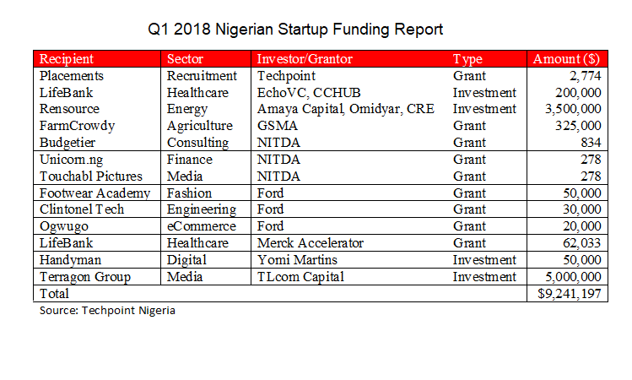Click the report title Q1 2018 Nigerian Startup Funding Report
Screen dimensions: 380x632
click(295, 30)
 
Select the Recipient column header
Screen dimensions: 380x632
click(67, 59)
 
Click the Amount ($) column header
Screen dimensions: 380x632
click(566, 59)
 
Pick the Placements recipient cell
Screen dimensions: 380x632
click(72, 76)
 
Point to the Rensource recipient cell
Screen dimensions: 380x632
click(69, 109)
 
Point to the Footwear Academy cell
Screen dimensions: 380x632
click(94, 193)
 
